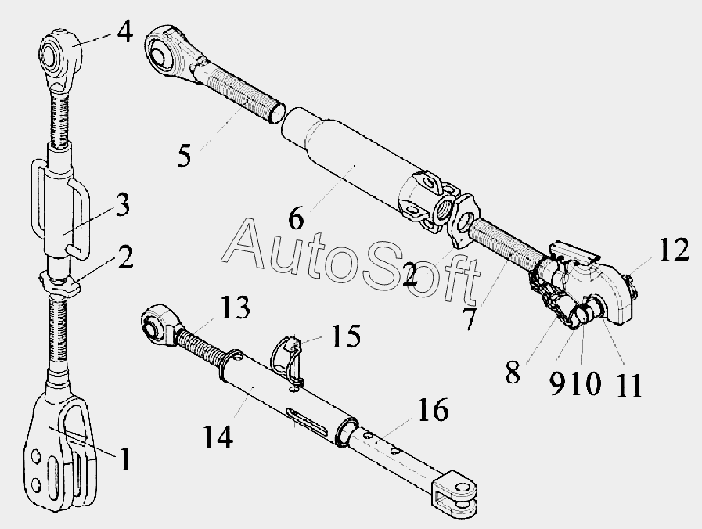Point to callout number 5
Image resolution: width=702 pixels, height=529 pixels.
click(184, 155)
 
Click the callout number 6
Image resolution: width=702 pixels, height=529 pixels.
click(295, 218)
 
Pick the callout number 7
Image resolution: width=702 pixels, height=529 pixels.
click(469, 318)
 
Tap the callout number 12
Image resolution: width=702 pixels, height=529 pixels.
click(674, 251)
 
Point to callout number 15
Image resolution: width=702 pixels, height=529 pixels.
click(346, 337)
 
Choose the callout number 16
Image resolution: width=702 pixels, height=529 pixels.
click(434, 408)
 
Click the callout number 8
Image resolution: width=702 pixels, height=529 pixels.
click(512, 372)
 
